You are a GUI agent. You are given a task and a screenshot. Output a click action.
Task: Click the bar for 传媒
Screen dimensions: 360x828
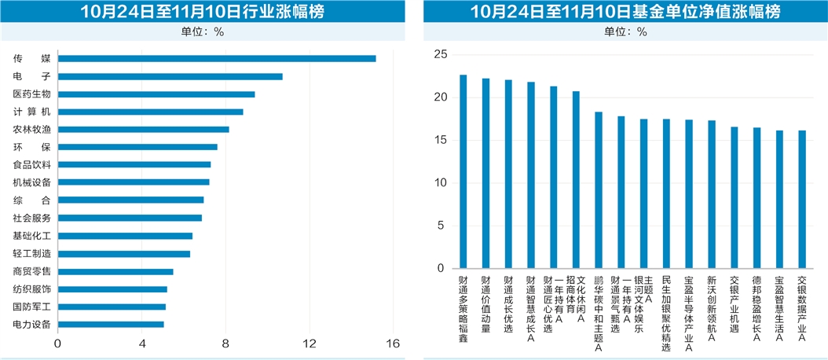click(x=217, y=58)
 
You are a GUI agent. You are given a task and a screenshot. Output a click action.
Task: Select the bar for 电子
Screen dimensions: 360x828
click(x=170, y=76)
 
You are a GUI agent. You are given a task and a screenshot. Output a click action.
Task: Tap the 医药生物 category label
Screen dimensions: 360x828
click(x=31, y=94)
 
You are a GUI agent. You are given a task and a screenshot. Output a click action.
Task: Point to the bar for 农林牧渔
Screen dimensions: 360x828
click(x=143, y=129)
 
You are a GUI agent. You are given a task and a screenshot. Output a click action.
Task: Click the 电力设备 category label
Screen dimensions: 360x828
click(x=31, y=324)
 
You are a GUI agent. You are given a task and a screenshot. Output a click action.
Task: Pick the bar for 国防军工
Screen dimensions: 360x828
click(x=112, y=307)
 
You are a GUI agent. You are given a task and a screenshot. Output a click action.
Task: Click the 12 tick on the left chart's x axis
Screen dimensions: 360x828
click(x=310, y=343)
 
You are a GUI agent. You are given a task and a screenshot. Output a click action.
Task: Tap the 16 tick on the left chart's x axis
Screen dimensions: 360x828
click(x=393, y=343)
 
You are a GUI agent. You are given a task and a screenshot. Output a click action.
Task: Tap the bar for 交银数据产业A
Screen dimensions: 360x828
click(x=802, y=200)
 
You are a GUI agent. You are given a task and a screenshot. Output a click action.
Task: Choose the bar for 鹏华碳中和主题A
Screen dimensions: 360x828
click(x=599, y=190)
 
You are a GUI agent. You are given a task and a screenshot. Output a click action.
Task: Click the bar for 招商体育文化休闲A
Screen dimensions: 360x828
click(x=576, y=180)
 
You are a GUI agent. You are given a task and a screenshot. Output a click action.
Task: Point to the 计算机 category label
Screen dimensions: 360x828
click(x=31, y=112)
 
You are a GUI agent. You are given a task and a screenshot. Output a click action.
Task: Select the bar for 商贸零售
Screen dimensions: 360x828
click(x=115, y=271)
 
